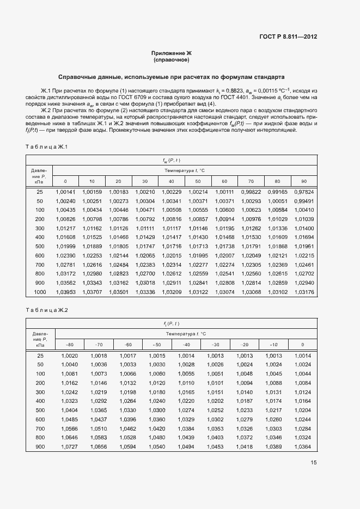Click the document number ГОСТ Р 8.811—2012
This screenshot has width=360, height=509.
289,37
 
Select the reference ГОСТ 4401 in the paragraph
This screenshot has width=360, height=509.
235,96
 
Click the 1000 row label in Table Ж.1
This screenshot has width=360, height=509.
40,292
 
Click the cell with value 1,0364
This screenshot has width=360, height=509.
302,447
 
